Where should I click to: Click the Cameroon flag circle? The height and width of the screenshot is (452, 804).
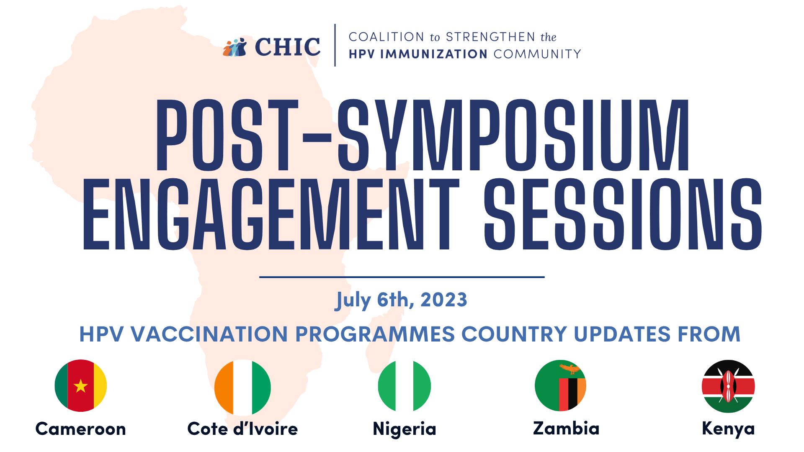click(x=81, y=385)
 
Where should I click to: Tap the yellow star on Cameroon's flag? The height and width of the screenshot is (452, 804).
click(x=80, y=386)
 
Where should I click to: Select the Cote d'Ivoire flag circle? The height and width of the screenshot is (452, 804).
click(x=242, y=388)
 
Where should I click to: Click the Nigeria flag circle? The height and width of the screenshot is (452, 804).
click(x=405, y=386)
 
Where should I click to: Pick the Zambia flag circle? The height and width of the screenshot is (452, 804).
click(x=560, y=385)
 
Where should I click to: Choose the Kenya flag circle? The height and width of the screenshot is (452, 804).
click(x=728, y=386)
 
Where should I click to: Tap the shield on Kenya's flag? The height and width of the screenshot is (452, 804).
click(x=728, y=386)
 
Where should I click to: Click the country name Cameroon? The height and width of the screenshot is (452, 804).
click(x=81, y=429)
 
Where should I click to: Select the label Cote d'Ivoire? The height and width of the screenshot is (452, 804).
click(x=242, y=429)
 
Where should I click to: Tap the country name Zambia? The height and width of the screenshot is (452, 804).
click(x=566, y=428)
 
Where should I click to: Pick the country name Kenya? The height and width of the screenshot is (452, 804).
click(x=728, y=429)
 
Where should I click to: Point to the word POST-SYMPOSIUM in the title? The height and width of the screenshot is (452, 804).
click(x=423, y=135)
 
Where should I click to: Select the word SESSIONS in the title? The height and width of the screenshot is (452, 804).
click(x=623, y=214)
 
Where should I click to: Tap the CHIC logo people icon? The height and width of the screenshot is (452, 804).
click(x=235, y=47)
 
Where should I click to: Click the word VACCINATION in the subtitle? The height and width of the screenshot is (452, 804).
click(x=209, y=334)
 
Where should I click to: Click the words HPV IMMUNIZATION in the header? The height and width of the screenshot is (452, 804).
click(x=418, y=54)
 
